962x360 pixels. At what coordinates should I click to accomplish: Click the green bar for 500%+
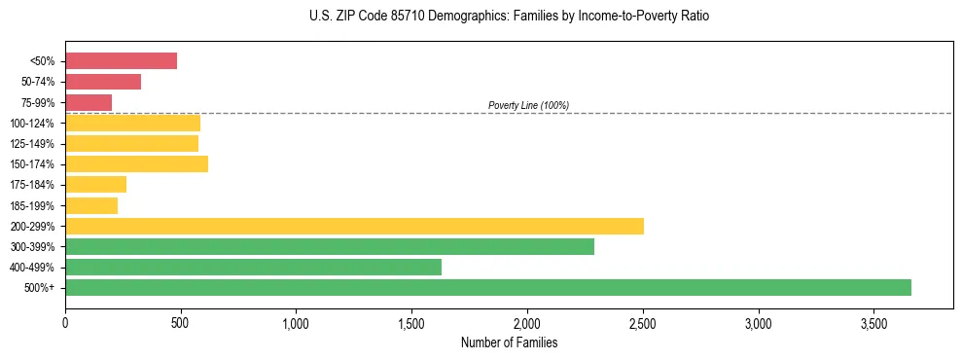[487, 287]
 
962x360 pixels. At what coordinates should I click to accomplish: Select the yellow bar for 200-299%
[354, 226]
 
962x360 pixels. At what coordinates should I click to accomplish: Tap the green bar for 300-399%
[329, 246]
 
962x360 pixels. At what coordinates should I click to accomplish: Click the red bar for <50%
[121, 61]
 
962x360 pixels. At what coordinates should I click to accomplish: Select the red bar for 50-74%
[103, 82]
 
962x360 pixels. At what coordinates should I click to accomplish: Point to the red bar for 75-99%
[89, 102]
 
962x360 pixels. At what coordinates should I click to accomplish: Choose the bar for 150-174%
[136, 163]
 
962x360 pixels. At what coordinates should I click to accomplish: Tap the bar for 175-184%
[95, 185]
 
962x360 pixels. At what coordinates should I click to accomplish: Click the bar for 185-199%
[91, 205]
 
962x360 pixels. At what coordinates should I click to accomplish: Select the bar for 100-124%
[132, 123]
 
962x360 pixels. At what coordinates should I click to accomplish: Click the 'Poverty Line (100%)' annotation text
[528, 105]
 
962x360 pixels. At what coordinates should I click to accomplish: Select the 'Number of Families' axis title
[509, 342]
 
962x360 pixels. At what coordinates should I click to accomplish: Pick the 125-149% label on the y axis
[32, 144]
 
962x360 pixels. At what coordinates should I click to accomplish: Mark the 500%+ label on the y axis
[40, 288]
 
